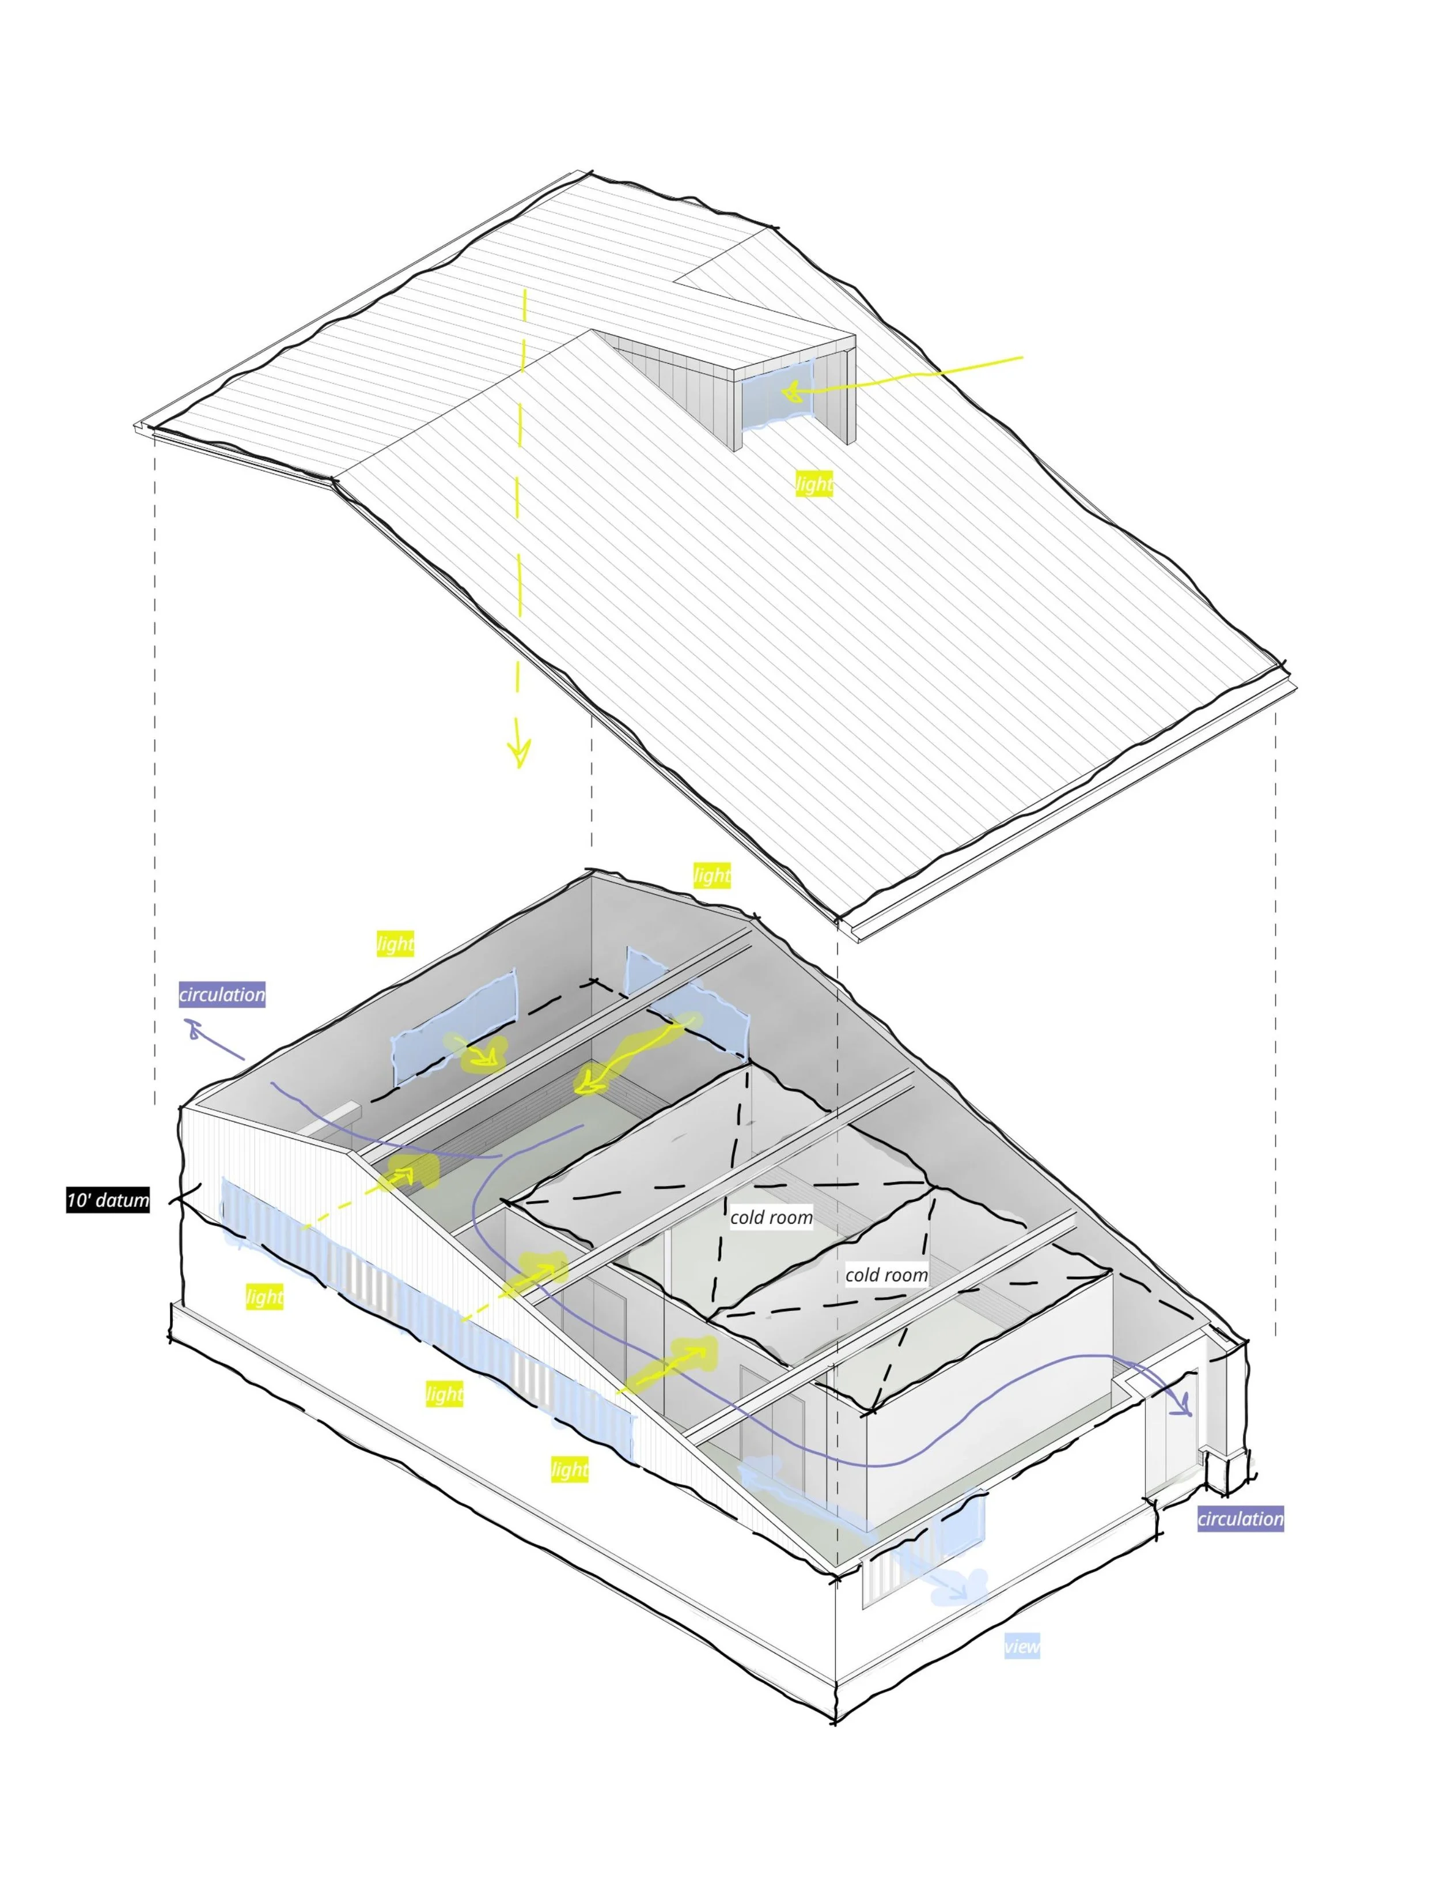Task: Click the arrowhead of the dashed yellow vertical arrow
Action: pyautogui.click(x=518, y=754)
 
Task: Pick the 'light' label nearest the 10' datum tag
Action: pyautogui.click(x=264, y=1297)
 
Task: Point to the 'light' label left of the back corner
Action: pyautogui.click(x=395, y=943)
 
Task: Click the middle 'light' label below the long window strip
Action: pyautogui.click(x=445, y=1394)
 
